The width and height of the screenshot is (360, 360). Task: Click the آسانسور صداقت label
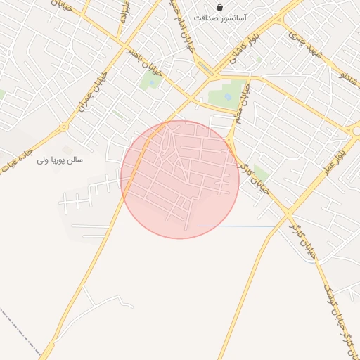coord(220,17)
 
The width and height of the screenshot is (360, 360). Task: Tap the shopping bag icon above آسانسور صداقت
coord(220,6)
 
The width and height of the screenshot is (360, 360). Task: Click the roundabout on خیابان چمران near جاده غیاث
coord(64,127)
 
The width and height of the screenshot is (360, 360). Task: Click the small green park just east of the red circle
coord(261,173)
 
